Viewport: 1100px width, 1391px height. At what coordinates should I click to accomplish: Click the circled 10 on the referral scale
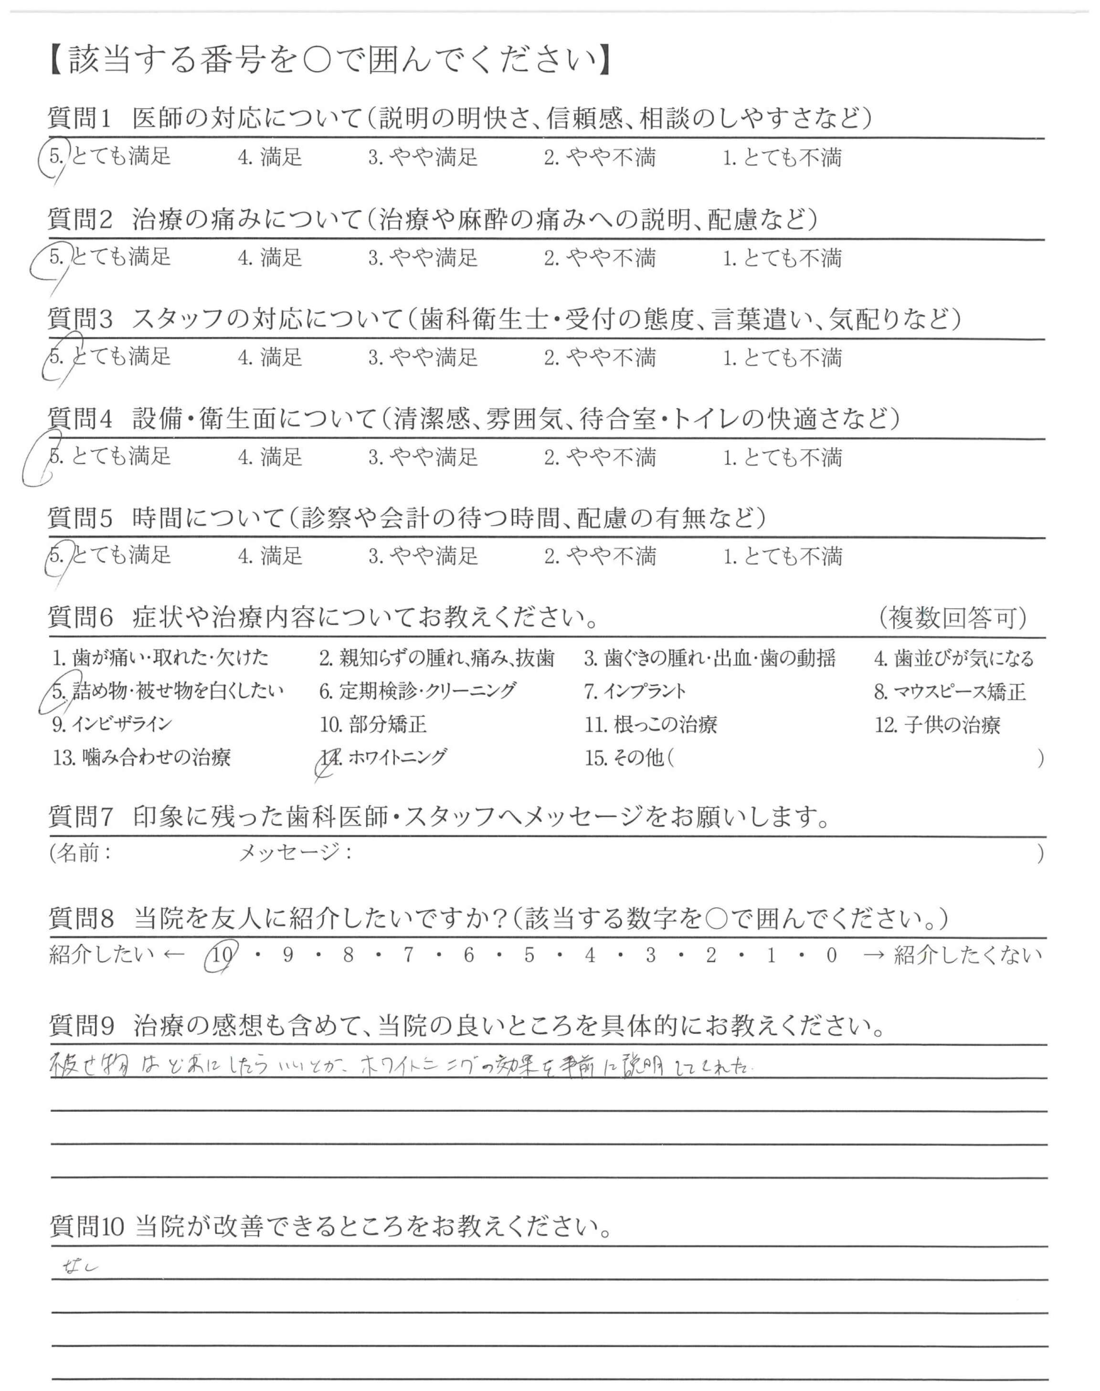(x=221, y=955)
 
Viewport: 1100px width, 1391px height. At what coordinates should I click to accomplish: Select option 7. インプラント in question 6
(x=635, y=691)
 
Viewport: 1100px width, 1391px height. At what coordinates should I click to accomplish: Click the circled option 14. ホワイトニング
(x=384, y=757)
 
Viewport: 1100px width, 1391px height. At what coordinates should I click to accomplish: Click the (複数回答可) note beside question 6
(x=952, y=618)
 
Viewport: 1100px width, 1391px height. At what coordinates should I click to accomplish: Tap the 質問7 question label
(x=81, y=818)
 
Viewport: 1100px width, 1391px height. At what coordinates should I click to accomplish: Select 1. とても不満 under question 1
(x=782, y=158)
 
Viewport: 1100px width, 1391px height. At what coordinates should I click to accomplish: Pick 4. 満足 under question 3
(x=270, y=357)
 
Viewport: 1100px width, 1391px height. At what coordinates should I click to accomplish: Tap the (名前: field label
(x=81, y=853)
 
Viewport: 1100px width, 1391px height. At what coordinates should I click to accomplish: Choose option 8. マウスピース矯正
(x=949, y=691)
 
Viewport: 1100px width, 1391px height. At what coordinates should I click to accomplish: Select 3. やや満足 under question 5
(x=423, y=556)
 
